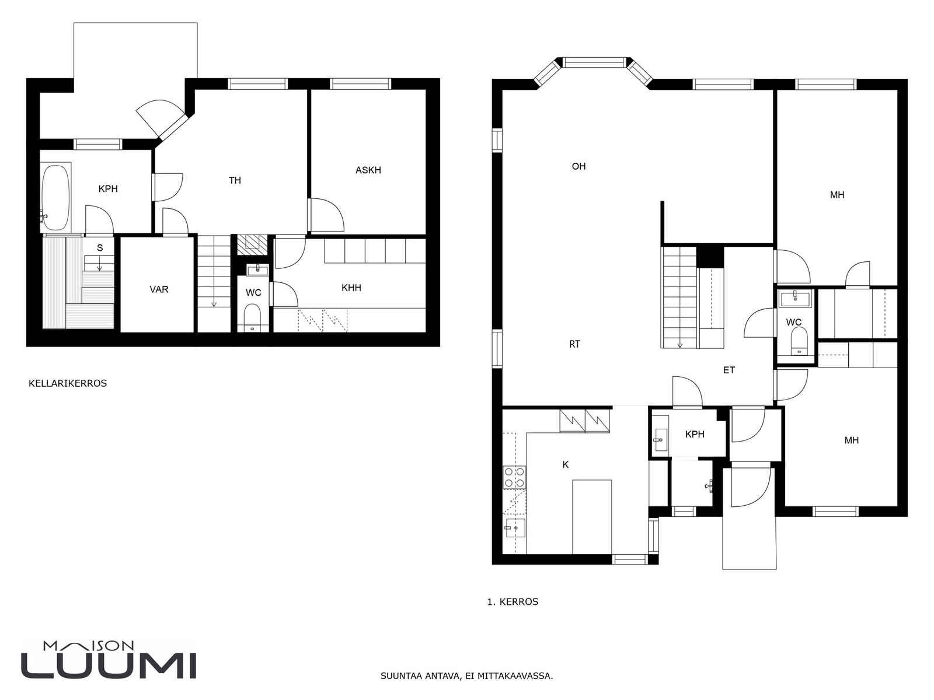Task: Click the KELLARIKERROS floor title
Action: [68, 383]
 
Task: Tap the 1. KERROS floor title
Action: [513, 602]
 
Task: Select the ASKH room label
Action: [368, 170]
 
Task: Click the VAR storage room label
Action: [159, 289]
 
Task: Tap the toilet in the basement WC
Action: [252, 317]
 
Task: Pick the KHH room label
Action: [351, 288]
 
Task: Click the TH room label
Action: [235, 180]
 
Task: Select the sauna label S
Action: [100, 248]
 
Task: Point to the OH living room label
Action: [578, 166]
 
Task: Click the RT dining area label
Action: [574, 344]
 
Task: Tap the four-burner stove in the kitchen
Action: [514, 477]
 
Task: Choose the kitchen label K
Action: [566, 464]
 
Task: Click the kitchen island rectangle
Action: [592, 517]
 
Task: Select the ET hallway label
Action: [729, 370]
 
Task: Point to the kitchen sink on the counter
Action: [514, 528]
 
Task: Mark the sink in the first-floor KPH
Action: [660, 439]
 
